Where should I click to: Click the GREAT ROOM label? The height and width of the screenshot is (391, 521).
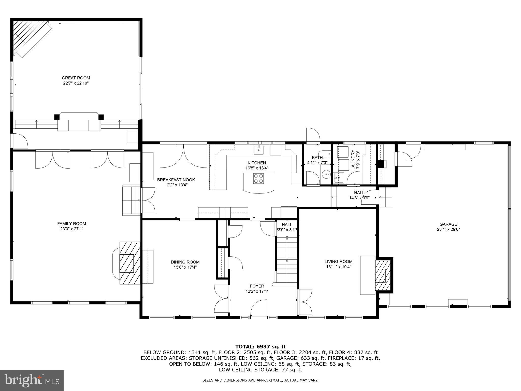(x=76, y=78)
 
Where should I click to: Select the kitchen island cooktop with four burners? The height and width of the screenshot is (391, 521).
(x=258, y=178)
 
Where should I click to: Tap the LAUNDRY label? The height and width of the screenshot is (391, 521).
(x=353, y=160)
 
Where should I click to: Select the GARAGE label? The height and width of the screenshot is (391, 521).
(x=448, y=224)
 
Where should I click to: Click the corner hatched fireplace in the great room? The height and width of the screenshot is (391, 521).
(x=28, y=36)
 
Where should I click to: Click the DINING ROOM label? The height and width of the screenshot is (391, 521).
(x=185, y=262)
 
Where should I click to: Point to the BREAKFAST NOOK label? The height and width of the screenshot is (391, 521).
(x=176, y=180)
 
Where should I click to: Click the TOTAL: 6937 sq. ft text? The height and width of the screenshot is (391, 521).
(x=260, y=346)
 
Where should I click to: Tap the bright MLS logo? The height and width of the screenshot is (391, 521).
(x=32, y=381)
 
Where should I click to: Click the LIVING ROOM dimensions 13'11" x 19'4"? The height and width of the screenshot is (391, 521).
(x=338, y=267)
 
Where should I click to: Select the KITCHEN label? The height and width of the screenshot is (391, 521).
(x=257, y=163)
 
